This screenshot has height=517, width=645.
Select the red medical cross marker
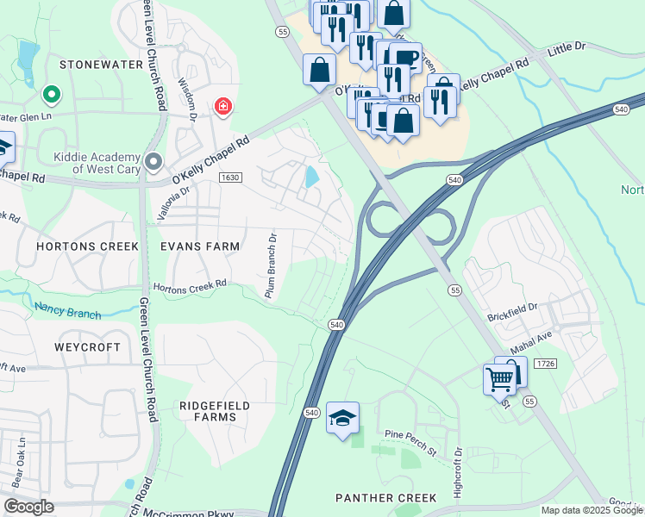coord(223,106)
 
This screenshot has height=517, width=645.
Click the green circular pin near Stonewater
coord(51,94)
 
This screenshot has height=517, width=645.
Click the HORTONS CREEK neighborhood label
coord(87,246)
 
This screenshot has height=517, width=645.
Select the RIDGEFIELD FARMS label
coord(208,411)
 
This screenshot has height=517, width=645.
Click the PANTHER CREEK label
coord(385,498)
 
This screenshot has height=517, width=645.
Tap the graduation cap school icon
coord(342,419)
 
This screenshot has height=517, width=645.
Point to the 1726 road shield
coord(545,364)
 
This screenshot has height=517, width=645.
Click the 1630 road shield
coord(229,178)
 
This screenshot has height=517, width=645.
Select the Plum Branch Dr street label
coord(270,267)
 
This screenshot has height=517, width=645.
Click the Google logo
coord(28,507)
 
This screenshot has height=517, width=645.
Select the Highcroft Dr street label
coord(459,473)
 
